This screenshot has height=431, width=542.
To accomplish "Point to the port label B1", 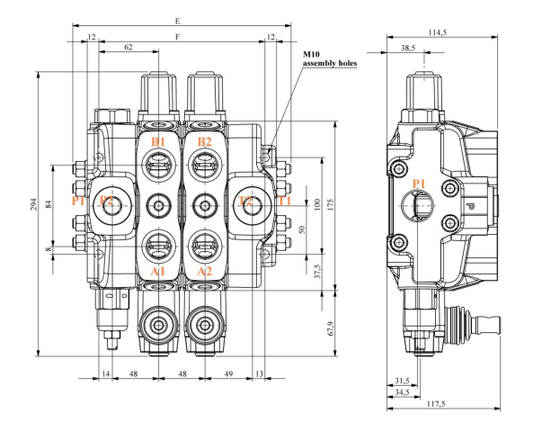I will click(158, 142).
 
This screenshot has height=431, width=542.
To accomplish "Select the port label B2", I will click(205, 142).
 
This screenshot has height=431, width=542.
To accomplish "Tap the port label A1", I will click(158, 272).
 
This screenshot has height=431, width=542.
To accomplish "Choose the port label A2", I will click(205, 272).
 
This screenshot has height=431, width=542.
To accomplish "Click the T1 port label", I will click(284, 201).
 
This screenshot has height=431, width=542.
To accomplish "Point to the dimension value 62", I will click(129, 46).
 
